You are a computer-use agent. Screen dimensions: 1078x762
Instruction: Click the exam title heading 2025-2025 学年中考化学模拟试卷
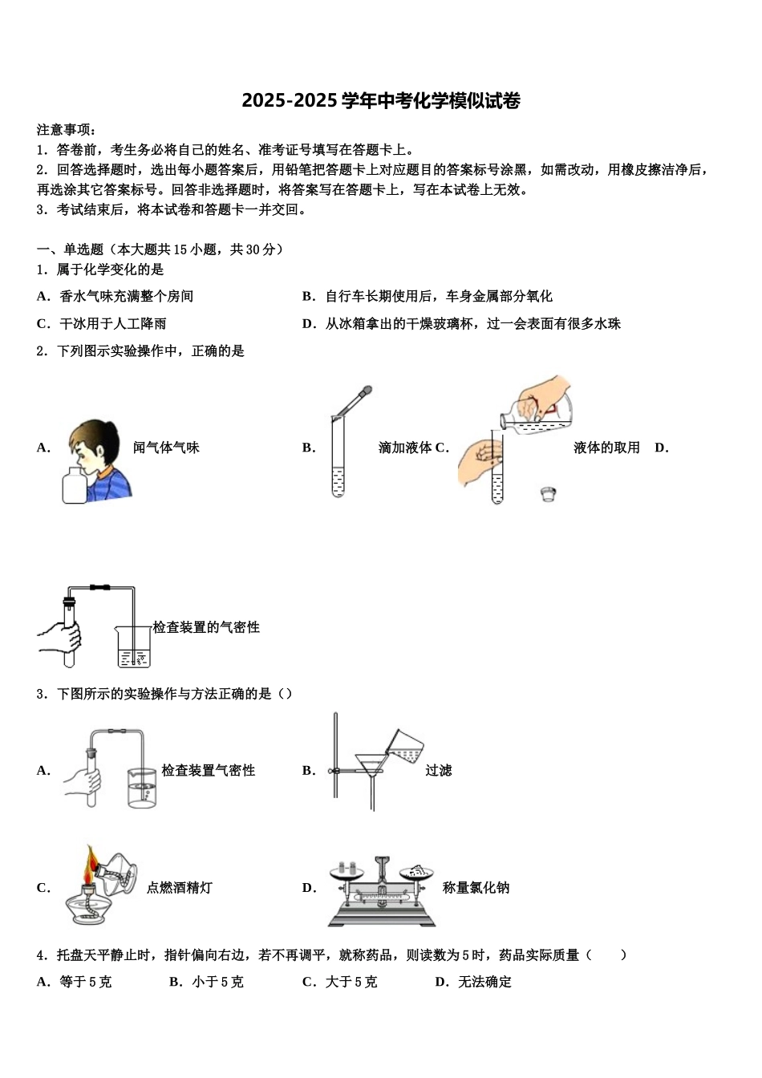pyautogui.click(x=381, y=101)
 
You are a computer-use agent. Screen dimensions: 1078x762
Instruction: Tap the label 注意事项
pyautogui.click(x=67, y=129)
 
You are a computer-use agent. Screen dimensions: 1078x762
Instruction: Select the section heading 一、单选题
pyautogui.click(x=71, y=249)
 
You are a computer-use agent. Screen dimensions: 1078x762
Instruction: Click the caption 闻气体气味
pyautogui.click(x=166, y=448)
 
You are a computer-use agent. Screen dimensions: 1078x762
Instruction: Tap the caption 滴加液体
pyautogui.click(x=405, y=448)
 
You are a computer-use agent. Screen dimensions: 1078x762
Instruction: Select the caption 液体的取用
pyautogui.click(x=606, y=448)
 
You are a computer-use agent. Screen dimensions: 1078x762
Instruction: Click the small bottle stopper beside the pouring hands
pyautogui.click(x=549, y=493)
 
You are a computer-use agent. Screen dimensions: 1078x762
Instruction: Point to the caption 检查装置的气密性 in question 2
pyautogui.click(x=206, y=627)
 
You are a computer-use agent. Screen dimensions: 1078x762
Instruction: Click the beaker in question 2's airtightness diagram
pyautogui.click(x=133, y=647)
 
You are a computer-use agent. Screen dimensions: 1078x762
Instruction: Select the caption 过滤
pyautogui.click(x=439, y=770)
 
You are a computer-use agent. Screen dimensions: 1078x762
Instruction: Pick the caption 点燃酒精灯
pyautogui.click(x=180, y=888)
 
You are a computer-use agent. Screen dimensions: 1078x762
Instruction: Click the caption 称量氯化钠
pyautogui.click(x=476, y=888)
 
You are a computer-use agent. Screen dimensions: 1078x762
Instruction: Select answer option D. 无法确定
pyautogui.click(x=473, y=982)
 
